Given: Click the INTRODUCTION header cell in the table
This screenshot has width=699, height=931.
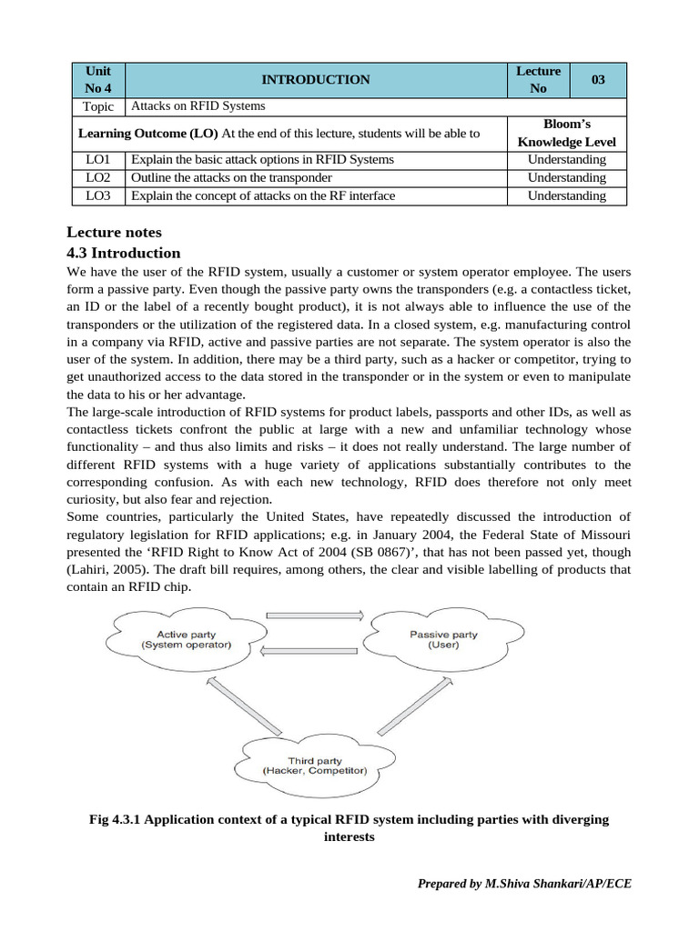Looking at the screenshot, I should pyautogui.click(x=315, y=80).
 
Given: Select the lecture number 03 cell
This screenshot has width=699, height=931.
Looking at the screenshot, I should pyautogui.click(x=598, y=80).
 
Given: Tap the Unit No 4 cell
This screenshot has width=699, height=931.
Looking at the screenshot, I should pyautogui.click(x=97, y=80).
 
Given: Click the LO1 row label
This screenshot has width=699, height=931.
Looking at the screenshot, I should pyautogui.click(x=97, y=159).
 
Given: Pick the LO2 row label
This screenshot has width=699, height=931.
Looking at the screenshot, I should pyautogui.click(x=97, y=177).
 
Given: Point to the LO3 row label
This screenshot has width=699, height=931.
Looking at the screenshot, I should pyautogui.click(x=97, y=195).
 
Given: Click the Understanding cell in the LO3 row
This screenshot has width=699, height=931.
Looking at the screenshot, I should pyautogui.click(x=566, y=195).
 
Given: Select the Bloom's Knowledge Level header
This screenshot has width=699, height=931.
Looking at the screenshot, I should pyautogui.click(x=566, y=133).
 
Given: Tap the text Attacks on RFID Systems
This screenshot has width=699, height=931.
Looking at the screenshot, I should pyautogui.click(x=198, y=106).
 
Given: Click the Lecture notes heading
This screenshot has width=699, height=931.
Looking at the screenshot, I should pyautogui.click(x=115, y=233).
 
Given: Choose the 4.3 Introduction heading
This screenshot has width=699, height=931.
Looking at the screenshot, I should pyautogui.click(x=125, y=253).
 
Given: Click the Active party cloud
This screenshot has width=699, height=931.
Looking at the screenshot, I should pyautogui.click(x=186, y=639).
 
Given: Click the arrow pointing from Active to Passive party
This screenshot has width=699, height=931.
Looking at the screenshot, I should pyautogui.click(x=314, y=616).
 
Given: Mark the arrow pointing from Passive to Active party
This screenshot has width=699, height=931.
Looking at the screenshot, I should pyautogui.click(x=314, y=649).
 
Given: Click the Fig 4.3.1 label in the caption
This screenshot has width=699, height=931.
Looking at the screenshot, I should pyautogui.click(x=116, y=819).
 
